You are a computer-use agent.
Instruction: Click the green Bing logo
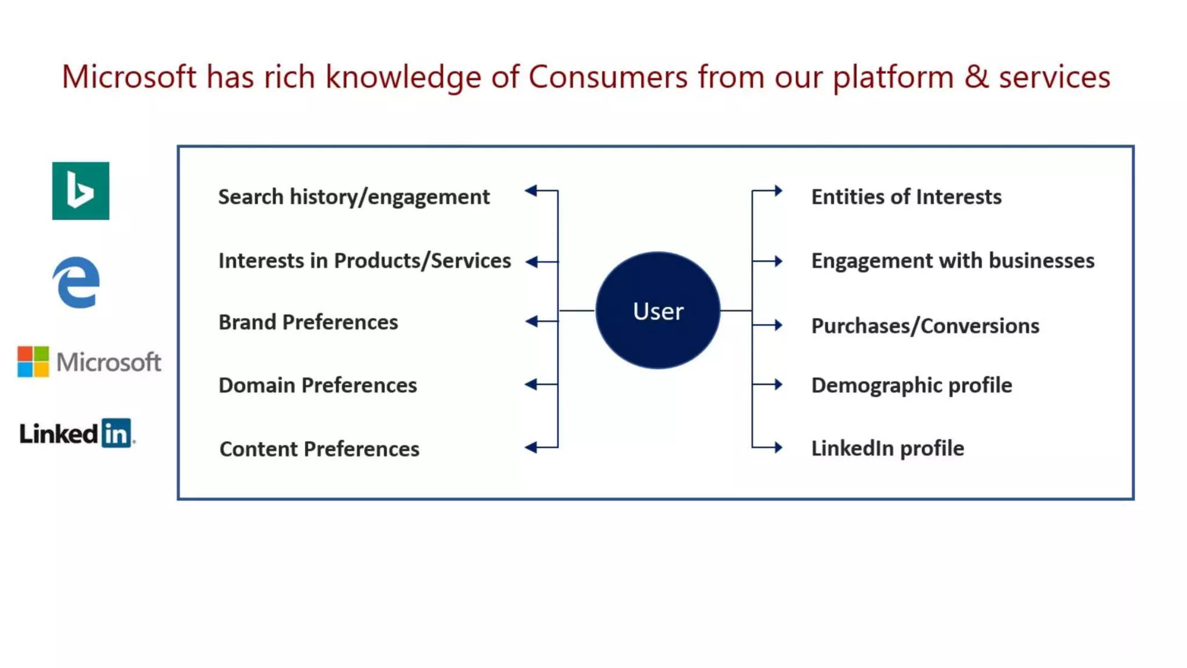(81, 191)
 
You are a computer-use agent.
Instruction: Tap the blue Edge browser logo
(76, 282)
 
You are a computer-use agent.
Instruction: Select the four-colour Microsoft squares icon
(33, 362)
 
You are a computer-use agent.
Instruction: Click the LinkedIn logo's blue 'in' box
(116, 433)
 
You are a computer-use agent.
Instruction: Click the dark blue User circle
(658, 311)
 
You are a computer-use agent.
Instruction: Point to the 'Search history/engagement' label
(354, 197)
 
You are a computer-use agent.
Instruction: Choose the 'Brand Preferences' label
(308, 322)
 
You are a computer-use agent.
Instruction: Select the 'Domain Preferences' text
(318, 386)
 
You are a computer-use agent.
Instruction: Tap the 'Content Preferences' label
(319, 449)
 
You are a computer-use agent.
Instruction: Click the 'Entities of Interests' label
(906, 197)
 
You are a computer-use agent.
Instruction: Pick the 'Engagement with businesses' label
(952, 261)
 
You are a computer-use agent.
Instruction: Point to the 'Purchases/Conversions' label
(925, 326)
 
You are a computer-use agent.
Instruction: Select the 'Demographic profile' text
(911, 386)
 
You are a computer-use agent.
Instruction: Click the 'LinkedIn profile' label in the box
(887, 448)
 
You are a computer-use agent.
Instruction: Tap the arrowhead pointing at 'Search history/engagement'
(531, 190)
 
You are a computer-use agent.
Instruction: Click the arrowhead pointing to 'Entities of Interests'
(778, 190)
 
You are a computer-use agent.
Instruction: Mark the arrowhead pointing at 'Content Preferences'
(531, 447)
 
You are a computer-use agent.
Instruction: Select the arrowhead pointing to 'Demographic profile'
(778, 384)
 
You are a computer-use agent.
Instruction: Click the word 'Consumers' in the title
(607, 77)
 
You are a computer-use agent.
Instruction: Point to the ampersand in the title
(976, 77)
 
